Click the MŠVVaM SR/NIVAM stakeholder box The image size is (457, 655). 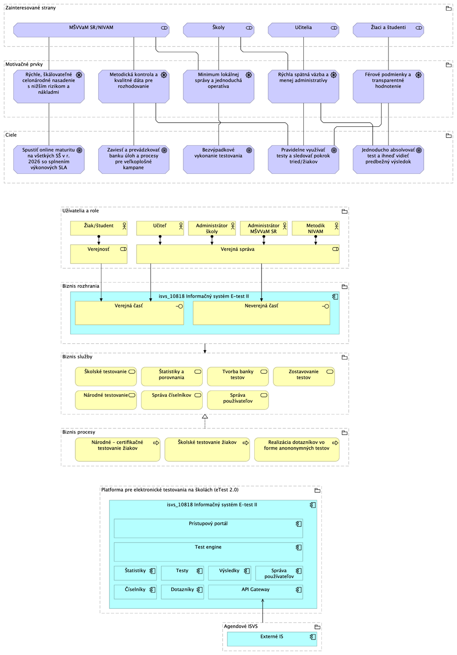(x=91, y=30)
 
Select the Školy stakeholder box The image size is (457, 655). (x=219, y=30)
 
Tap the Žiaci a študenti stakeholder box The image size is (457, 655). (x=388, y=30)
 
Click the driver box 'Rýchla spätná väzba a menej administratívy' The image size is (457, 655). (x=303, y=87)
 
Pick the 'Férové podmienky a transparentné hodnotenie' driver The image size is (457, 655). (x=388, y=87)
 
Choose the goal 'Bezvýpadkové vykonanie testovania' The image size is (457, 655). (x=219, y=160)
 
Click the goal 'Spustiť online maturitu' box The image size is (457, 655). (x=49, y=160)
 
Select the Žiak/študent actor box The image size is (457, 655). (x=99, y=228)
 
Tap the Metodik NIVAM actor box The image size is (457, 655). (x=315, y=228)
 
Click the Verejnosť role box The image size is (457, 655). (x=99, y=254)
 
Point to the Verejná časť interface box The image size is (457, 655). (x=129, y=313)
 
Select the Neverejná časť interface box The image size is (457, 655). (x=261, y=313)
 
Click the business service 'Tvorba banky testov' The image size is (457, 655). (x=238, y=377)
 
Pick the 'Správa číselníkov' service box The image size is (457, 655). (x=171, y=400)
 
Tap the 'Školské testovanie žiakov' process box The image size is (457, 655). (x=207, y=449)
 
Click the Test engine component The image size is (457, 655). (x=208, y=552)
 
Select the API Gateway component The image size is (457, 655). (x=255, y=592)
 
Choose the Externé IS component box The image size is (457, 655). (x=272, y=639)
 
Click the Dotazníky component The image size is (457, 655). (x=182, y=592)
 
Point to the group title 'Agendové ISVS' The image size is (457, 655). (x=241, y=626)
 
